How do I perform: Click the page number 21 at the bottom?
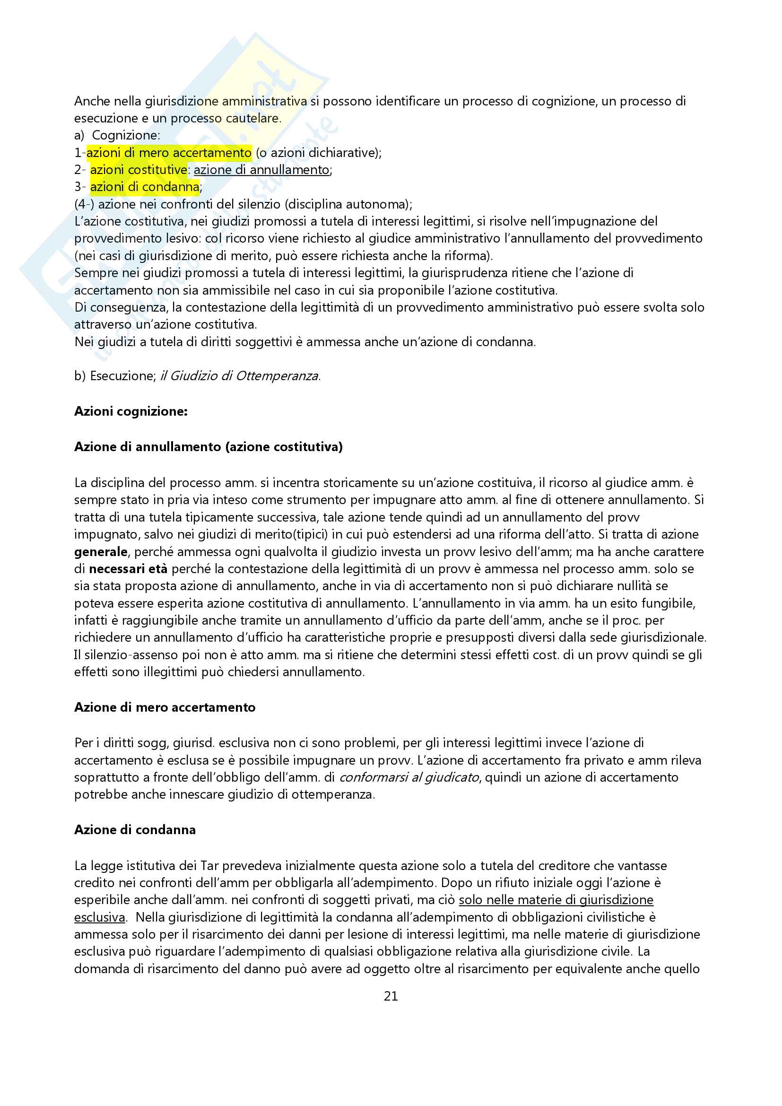[391, 996]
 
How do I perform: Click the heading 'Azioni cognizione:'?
[131, 411]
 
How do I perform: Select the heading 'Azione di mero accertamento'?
[165, 707]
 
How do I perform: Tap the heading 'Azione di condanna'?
[135, 829]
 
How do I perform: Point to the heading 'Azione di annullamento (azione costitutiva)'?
[208, 447]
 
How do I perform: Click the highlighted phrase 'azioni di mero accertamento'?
[168, 153]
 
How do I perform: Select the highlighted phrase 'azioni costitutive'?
[139, 170]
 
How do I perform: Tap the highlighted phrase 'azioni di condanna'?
[145, 187]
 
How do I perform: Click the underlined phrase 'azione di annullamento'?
[261, 170]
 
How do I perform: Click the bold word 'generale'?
[101, 551]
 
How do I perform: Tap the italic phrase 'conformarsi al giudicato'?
[409, 777]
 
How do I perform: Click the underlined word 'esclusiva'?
[99, 917]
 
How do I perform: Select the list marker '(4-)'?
[84, 204]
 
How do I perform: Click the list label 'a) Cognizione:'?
[117, 135]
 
